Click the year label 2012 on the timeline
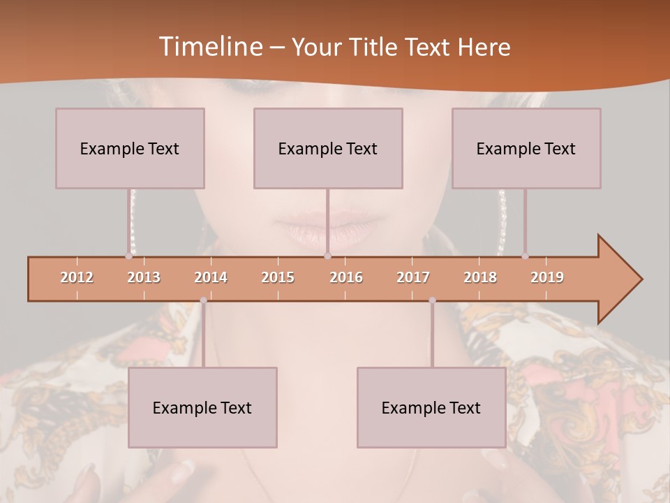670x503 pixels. (77, 278)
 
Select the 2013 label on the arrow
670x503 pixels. (144, 278)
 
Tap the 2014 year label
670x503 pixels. (211, 278)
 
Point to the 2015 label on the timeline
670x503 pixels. (278, 278)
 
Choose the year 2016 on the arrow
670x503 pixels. (346, 278)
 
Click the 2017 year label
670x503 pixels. (413, 278)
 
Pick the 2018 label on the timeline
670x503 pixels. (480, 278)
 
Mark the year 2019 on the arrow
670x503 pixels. (547, 278)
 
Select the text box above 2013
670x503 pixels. (130, 149)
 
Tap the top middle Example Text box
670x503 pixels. (328, 149)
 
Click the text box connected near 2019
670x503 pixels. (526, 149)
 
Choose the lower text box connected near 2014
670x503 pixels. (202, 408)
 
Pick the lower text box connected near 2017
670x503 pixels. (431, 408)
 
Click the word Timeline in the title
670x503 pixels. (210, 47)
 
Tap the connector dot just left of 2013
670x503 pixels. (129, 256)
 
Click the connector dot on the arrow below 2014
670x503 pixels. (203, 300)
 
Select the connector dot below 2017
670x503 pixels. (432, 300)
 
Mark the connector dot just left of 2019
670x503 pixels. (526, 256)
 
